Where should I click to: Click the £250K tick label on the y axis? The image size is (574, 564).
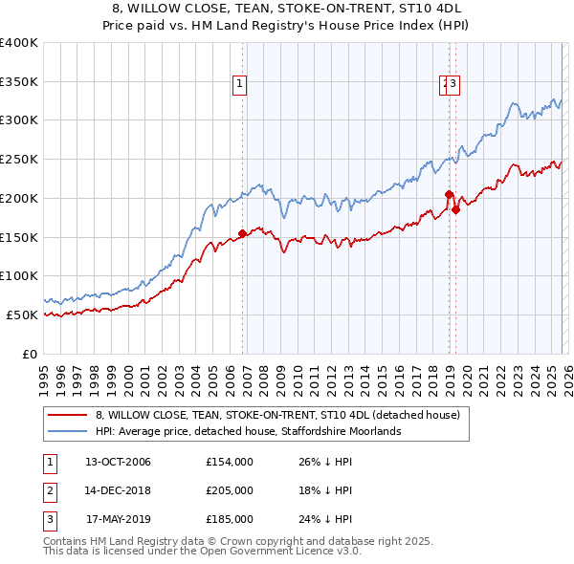click(19, 160)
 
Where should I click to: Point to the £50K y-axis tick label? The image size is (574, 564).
click(22, 315)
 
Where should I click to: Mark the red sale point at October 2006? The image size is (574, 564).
click(242, 232)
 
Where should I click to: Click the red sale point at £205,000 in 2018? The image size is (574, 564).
click(449, 194)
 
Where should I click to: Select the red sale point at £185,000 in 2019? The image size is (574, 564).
click(456, 210)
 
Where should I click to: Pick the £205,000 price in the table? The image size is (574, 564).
click(230, 490)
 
